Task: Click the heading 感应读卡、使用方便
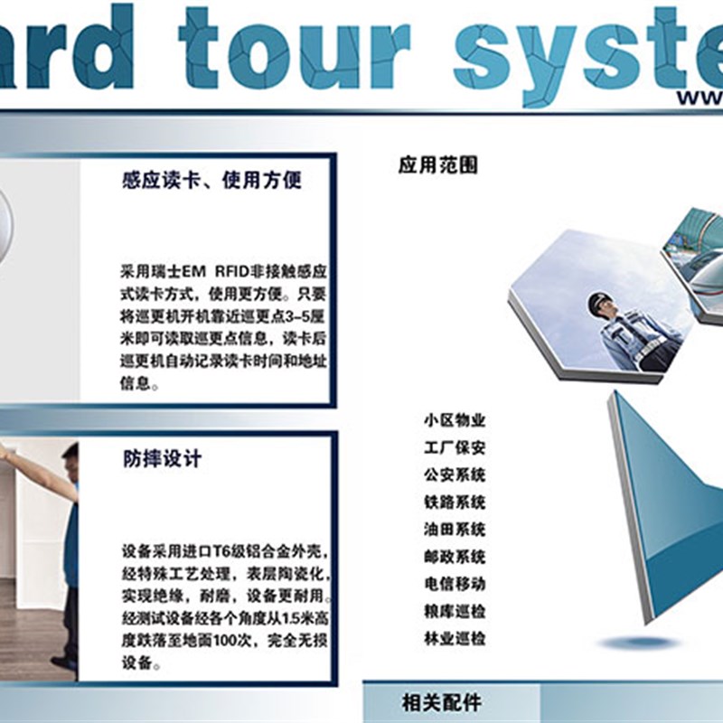(x=211, y=181)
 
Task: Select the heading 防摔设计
(x=163, y=459)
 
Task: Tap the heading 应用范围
(x=437, y=165)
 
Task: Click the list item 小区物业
(x=455, y=420)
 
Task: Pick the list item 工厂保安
(x=455, y=447)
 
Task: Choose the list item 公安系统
(x=455, y=474)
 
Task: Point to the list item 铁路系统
(x=455, y=502)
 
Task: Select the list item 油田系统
(x=455, y=529)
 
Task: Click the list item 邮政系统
(x=455, y=557)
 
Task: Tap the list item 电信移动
(x=455, y=584)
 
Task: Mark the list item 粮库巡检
(x=455, y=611)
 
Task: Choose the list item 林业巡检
(x=455, y=638)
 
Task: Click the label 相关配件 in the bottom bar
(x=442, y=703)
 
